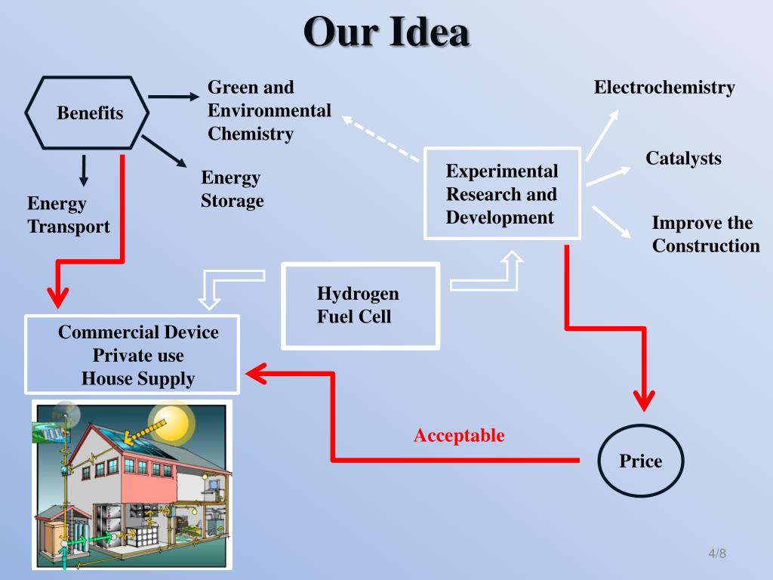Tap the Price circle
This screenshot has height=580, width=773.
click(640, 461)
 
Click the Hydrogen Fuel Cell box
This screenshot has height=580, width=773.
click(360, 305)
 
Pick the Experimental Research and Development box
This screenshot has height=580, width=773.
click(502, 194)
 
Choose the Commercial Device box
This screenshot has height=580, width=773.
click(133, 355)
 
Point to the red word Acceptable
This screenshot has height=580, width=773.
click(459, 436)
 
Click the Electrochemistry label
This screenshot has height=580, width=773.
click(664, 88)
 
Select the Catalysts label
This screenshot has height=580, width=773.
click(683, 159)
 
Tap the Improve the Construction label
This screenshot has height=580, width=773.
click(705, 234)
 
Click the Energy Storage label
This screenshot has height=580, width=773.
click(233, 189)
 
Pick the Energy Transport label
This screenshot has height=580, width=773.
click(68, 214)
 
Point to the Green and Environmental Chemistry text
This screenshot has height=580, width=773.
click(269, 111)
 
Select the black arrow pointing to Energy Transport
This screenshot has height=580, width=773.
click(84, 170)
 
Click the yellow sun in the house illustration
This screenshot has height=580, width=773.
click(171, 421)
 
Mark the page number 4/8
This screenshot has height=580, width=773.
click(716, 554)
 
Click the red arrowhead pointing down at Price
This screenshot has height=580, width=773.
click(643, 398)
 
